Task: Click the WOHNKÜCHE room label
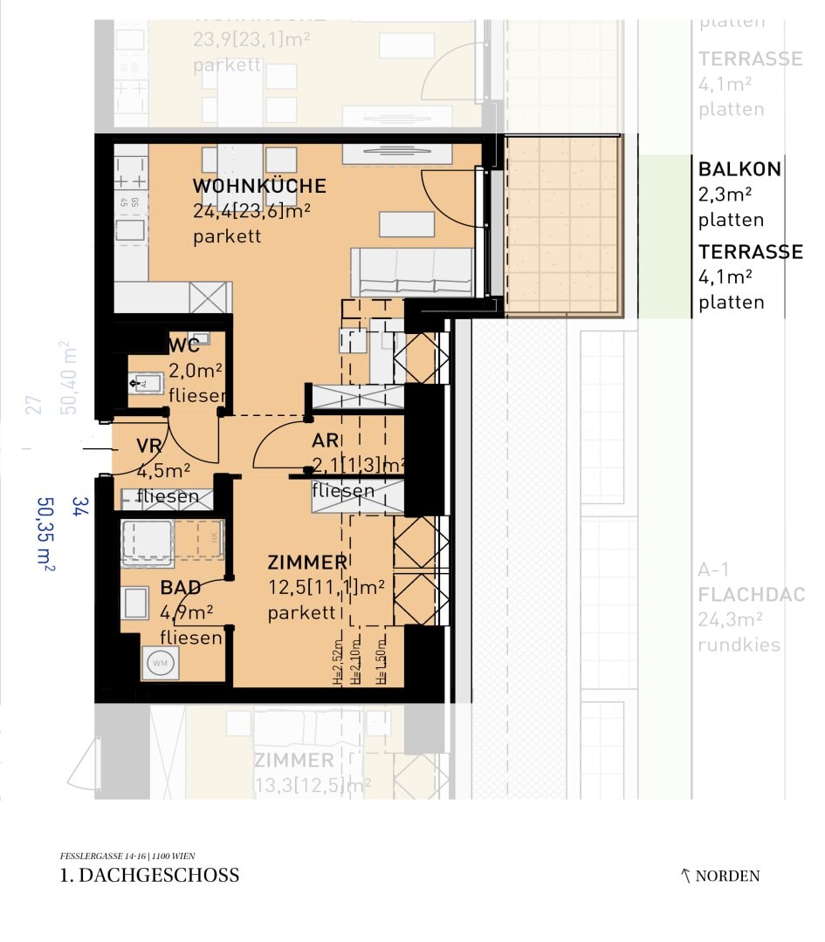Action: pyautogui.click(x=259, y=186)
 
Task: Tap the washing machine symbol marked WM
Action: pyautogui.click(x=161, y=663)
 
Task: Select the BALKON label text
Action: pyautogui.click(x=739, y=169)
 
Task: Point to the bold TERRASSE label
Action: pyautogui.click(x=750, y=252)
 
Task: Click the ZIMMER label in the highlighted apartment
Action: pyautogui.click(x=307, y=563)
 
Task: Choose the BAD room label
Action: pyautogui.click(x=181, y=588)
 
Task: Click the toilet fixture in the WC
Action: pyautogui.click(x=144, y=381)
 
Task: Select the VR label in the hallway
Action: pyautogui.click(x=149, y=447)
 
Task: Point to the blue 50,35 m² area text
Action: pyautogui.click(x=46, y=535)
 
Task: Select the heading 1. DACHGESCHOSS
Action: pyautogui.click(x=149, y=875)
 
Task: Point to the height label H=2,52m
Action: pyautogui.click(x=338, y=666)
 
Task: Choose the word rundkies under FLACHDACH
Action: pyautogui.click(x=739, y=645)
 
